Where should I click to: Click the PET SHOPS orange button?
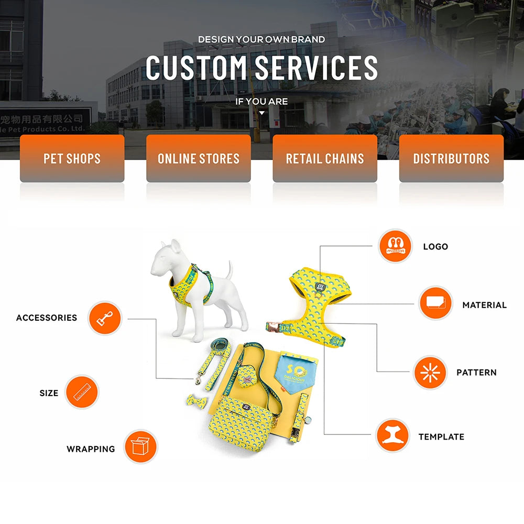[x=72, y=158]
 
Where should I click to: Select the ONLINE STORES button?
[x=199, y=158]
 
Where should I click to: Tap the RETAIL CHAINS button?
[x=325, y=158]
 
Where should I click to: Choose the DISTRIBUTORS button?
[x=451, y=158]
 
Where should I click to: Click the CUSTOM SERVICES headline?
[x=261, y=68]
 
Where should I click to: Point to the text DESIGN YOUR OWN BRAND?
[x=261, y=39]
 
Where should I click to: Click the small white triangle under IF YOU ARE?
[x=262, y=113]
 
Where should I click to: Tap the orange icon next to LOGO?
[x=396, y=246]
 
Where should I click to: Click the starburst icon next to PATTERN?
[x=430, y=372]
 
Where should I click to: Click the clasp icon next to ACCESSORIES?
[x=105, y=318]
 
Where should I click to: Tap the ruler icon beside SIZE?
[x=82, y=392]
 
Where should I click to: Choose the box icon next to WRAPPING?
[x=140, y=447]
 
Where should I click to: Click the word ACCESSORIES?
[x=47, y=318]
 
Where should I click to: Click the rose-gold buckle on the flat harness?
[x=272, y=326]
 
